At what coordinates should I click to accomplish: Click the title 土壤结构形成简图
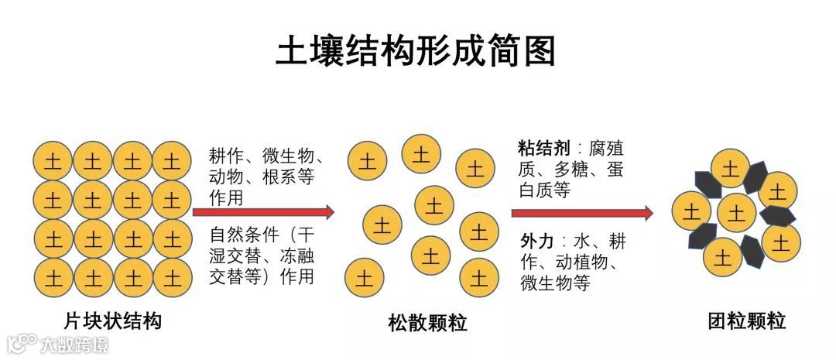point(416,53)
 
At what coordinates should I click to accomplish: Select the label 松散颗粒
point(427,322)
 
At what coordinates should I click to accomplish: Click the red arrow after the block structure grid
point(272,212)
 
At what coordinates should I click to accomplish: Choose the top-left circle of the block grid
point(53,162)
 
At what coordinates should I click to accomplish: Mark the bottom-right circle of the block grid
point(172,275)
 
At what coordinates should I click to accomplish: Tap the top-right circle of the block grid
point(172,162)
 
